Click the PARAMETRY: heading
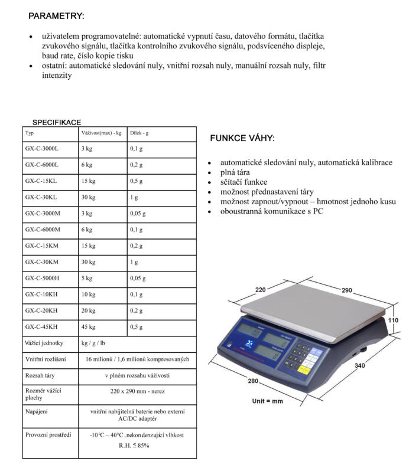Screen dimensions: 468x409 [x=56, y=15]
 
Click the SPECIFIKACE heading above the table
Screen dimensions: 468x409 [x=56, y=122]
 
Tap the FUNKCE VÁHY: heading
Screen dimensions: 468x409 [x=242, y=139]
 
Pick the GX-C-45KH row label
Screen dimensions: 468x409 [x=41, y=326]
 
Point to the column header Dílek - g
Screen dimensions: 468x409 [x=139, y=133]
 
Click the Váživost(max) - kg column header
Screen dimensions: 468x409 [x=101, y=133]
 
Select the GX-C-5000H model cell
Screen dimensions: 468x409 [x=43, y=278]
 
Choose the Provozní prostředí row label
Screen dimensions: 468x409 [x=48, y=435]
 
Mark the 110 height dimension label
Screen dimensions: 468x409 [x=393, y=320]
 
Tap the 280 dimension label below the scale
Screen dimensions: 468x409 [x=252, y=381]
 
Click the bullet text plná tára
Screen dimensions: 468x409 [x=235, y=172]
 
